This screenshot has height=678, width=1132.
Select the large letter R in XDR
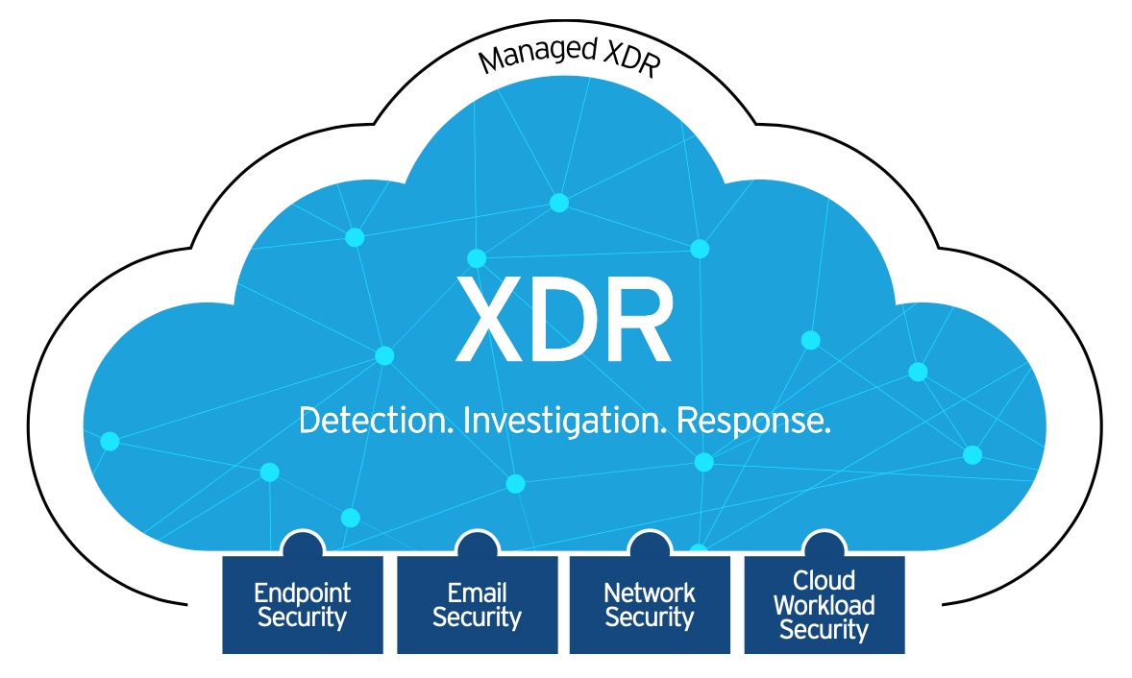coord(634,317)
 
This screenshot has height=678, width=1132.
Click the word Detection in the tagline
coord(377,421)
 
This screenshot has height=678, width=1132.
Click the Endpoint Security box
coord(302,605)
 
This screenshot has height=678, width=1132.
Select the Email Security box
coord(477,605)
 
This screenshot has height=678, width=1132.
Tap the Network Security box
coord(650,605)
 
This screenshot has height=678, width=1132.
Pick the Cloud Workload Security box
coord(824,605)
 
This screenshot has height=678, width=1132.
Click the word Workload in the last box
coord(824,606)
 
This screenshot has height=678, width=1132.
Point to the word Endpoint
coord(302,593)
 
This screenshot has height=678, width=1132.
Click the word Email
coord(477,593)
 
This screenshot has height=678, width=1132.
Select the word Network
coord(650,593)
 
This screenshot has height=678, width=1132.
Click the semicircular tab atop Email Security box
coord(477,545)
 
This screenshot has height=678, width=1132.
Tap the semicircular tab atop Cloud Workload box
coord(824,545)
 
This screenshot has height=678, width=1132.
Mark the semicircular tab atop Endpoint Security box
coord(302,545)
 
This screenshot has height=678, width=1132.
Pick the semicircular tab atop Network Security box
coord(650,545)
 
